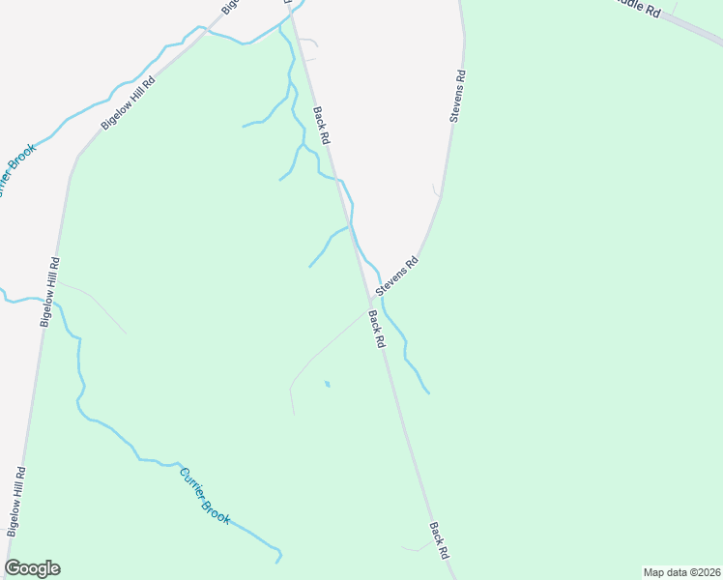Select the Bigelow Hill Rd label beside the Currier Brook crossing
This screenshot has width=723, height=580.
point(48,292)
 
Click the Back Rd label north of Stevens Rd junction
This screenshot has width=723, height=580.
point(322,126)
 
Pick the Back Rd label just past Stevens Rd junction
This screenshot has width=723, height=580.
point(377,329)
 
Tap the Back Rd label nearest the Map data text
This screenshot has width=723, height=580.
point(439,541)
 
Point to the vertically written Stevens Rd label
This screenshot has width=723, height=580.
point(458,95)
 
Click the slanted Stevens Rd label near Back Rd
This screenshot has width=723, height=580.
point(397,275)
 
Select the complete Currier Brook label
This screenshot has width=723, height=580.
point(205,496)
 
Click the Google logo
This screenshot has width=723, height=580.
point(32,568)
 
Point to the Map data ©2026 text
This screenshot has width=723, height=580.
point(681,572)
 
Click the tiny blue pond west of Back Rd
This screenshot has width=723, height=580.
point(327,384)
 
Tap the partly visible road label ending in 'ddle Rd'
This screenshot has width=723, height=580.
point(639,10)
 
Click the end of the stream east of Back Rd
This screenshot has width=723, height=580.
point(428,393)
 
